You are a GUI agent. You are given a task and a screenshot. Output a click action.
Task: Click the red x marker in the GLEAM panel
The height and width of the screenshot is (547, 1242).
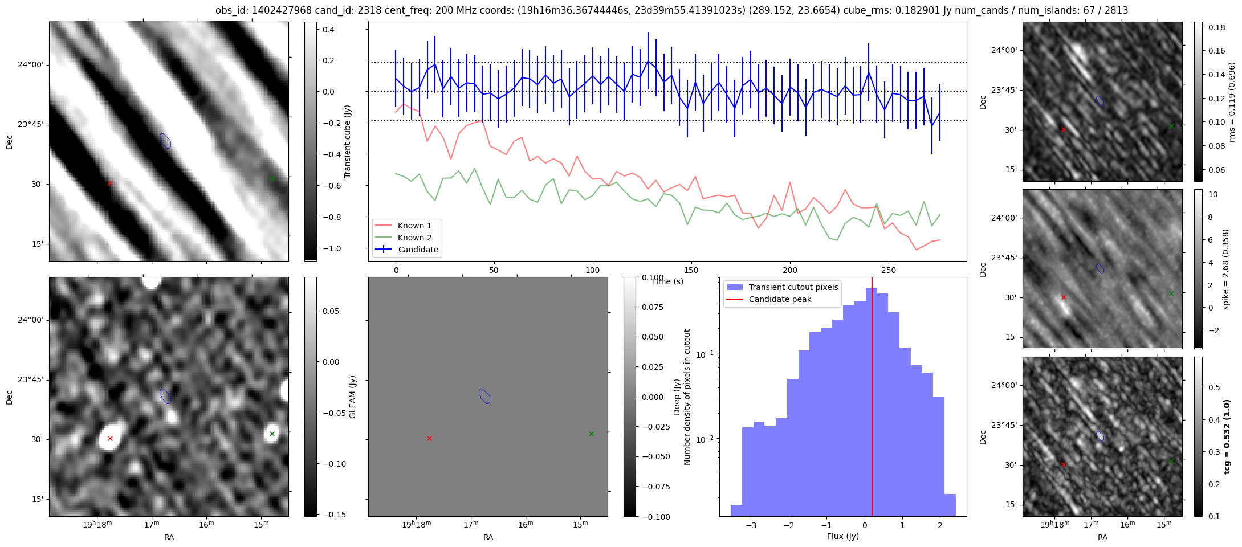110,439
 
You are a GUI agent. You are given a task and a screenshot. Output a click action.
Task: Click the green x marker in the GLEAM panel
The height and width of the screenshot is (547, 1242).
272,434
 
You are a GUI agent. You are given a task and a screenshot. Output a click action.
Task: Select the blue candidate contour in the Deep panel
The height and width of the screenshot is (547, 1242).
484,396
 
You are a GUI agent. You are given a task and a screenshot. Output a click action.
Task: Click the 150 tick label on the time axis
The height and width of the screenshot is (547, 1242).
691,270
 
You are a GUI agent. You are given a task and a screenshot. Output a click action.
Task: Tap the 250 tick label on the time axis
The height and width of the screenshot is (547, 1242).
888,270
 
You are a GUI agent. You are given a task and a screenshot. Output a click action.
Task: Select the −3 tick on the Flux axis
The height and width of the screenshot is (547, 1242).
751,525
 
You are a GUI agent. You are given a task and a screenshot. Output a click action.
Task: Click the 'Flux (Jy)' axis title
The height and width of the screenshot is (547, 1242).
843,536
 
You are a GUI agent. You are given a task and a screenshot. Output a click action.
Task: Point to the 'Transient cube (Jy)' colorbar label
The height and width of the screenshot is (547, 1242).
348,141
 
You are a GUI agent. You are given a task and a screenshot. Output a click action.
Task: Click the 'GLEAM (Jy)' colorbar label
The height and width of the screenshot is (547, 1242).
352,397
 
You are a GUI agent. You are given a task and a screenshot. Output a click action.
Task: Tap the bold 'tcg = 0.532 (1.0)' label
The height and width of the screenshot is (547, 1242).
1227,437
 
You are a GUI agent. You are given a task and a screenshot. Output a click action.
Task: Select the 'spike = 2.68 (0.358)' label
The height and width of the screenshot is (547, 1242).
1226,270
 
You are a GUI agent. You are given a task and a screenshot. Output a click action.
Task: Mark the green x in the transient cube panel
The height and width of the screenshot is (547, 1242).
272,179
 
